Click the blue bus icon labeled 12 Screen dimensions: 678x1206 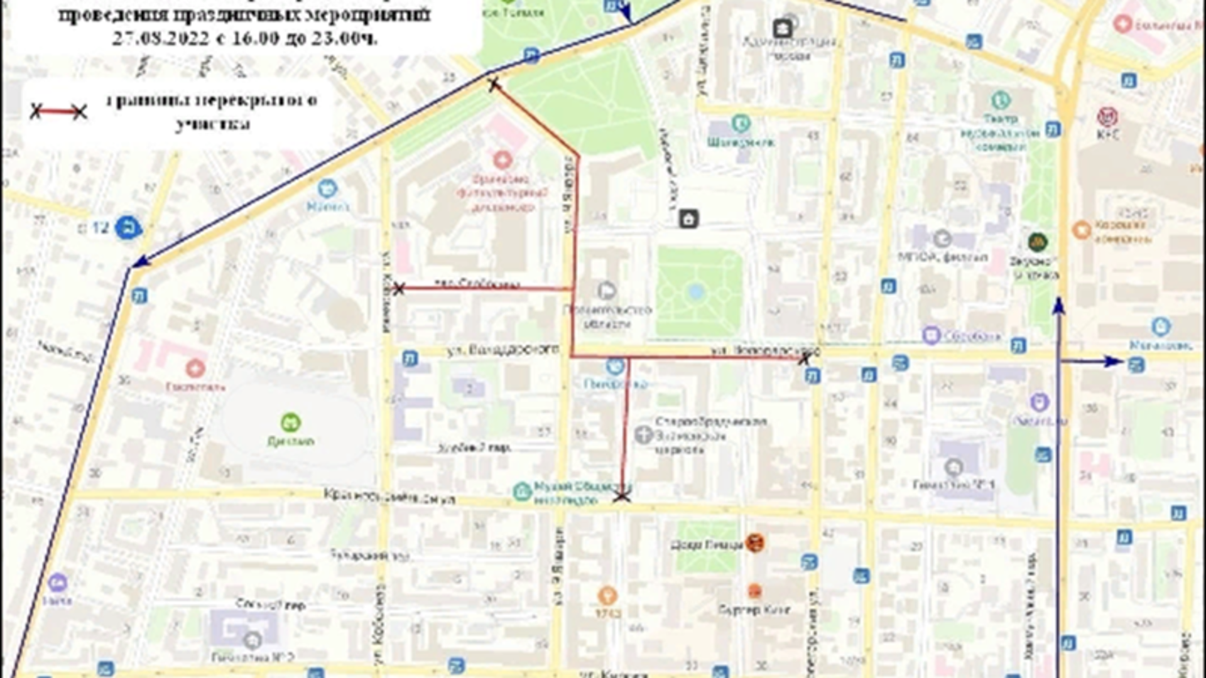[128, 228]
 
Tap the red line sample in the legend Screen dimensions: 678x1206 [58, 112]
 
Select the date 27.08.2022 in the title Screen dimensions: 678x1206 [160, 38]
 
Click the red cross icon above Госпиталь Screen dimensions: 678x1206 [195, 367]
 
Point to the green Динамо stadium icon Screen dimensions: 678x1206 [290, 422]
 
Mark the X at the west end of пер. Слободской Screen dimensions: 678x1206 [398, 289]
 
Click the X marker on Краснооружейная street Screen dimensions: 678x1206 [622, 496]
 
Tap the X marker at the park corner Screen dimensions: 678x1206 [494, 83]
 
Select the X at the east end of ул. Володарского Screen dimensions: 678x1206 [804, 358]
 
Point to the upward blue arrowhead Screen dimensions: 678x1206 [1058, 306]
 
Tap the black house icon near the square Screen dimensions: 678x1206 [688, 219]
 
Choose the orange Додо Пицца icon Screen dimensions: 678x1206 [754, 543]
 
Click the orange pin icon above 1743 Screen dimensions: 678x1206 [607, 594]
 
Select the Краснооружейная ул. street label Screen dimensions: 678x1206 [389, 496]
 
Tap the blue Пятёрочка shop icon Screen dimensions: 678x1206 [615, 366]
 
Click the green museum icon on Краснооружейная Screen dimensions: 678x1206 [521, 492]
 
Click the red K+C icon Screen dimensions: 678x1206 [1107, 117]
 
